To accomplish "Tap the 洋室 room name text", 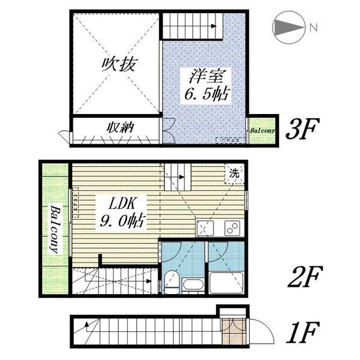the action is [x=206, y=76].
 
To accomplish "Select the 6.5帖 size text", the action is [x=207, y=94].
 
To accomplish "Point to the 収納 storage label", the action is [x=120, y=127].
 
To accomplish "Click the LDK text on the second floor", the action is [x=121, y=203].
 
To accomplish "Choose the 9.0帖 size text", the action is [x=122, y=221].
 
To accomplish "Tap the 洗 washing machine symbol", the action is [x=234, y=173].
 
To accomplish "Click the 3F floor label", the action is [x=299, y=129].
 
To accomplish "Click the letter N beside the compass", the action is [x=314, y=28].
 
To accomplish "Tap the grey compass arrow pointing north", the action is [x=289, y=28].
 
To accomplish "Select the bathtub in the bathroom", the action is [x=226, y=283].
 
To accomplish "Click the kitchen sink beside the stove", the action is [x=205, y=228].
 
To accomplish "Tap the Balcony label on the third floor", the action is [x=262, y=131].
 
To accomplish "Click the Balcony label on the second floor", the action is [x=55, y=229].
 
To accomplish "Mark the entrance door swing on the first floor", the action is [x=262, y=332].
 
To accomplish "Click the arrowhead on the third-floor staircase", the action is [x=214, y=26].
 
